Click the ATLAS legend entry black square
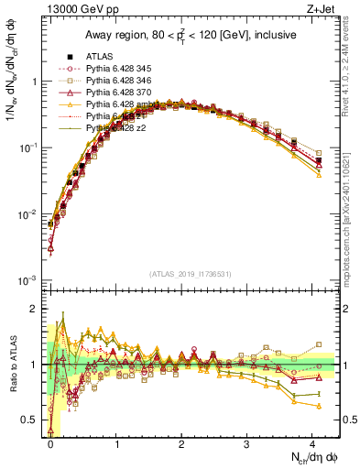[67, 56]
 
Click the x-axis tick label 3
[246, 443]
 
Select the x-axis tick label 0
[50, 443]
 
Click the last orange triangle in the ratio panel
[318, 405]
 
